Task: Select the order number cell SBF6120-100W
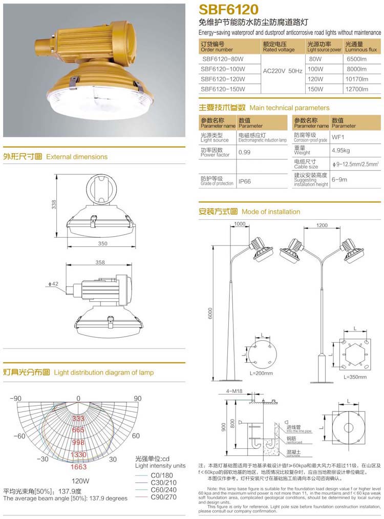click(x=223, y=69)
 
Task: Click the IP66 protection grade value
click(x=244, y=182)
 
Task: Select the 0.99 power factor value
click(x=244, y=152)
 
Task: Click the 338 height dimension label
click(x=54, y=204)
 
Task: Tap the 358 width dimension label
click(x=100, y=262)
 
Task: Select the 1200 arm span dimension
click(x=322, y=225)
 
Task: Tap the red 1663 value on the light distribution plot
click(x=78, y=467)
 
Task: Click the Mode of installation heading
click(x=271, y=212)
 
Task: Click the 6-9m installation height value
click(x=339, y=179)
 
